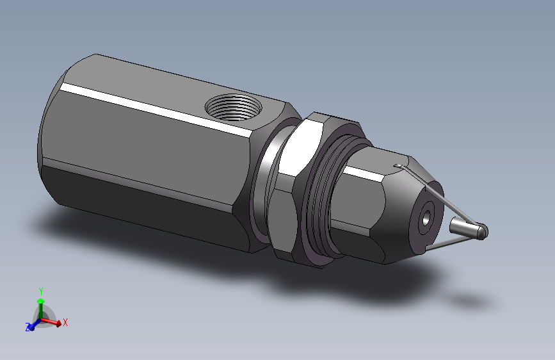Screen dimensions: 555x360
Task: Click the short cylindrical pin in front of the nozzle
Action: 468,228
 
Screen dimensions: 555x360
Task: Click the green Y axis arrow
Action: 41,308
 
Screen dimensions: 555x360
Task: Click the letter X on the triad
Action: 65,322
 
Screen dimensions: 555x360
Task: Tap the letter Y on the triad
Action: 41,291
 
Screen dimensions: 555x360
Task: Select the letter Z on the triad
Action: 28,327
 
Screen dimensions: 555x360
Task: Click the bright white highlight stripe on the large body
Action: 156,108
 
